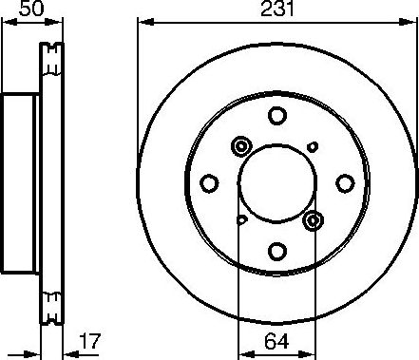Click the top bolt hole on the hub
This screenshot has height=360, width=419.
(276, 116)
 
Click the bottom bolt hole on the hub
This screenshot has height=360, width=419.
(276, 251)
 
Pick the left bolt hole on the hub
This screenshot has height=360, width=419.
(209, 183)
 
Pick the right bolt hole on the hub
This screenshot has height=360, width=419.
(344, 183)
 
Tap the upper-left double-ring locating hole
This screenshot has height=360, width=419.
(239, 146)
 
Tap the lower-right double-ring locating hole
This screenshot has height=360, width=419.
(314, 221)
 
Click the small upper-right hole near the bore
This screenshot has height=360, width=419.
(313, 146)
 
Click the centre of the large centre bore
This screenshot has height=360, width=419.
(276, 183)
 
